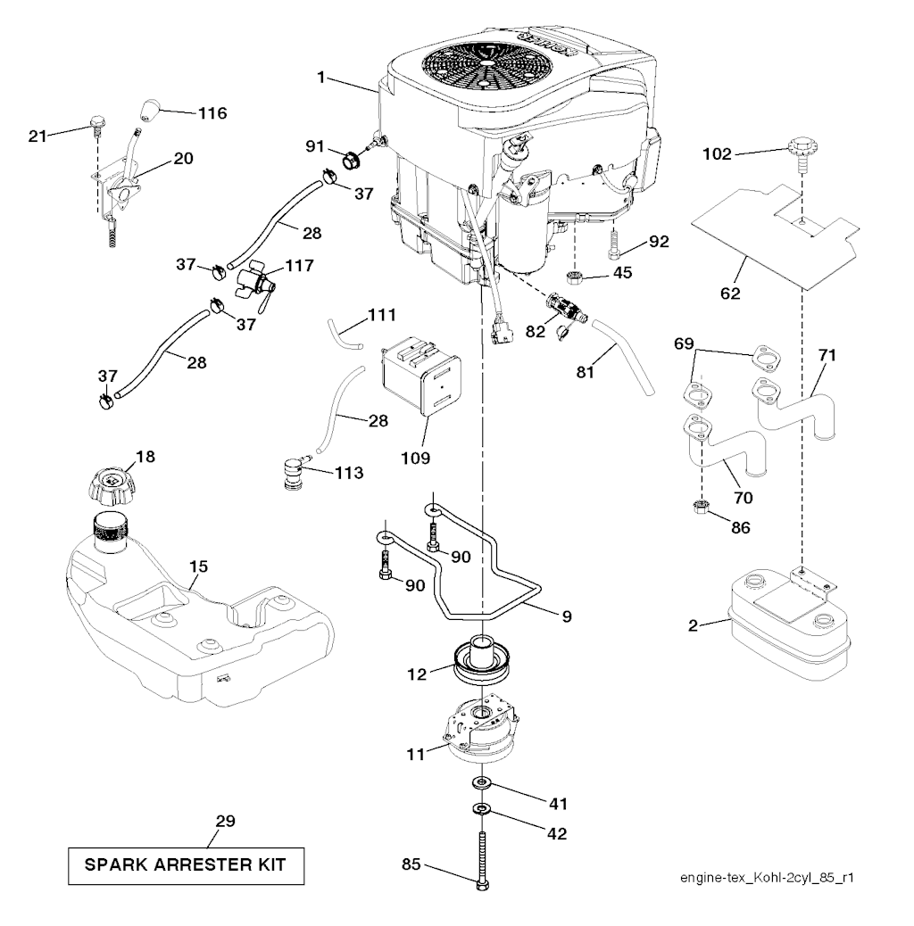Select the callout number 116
[x=212, y=113]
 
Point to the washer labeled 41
[x=481, y=782]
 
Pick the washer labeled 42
[x=481, y=810]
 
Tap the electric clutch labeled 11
[x=478, y=725]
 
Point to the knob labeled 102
[x=800, y=153]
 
